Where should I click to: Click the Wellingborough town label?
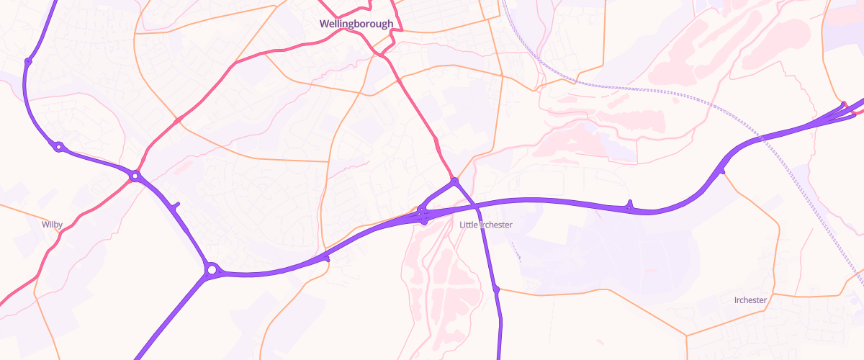point(357,24)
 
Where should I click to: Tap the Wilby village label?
point(52,225)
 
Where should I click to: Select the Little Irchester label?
point(486,225)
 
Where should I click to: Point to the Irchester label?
point(750,300)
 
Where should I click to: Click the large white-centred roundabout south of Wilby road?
point(211,270)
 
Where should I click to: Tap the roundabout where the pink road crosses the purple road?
point(135,176)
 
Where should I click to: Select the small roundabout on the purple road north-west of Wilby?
point(58,146)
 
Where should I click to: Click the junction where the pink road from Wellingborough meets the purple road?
point(454,181)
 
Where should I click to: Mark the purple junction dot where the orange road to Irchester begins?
point(496,289)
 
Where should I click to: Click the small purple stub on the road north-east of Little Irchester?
point(629,204)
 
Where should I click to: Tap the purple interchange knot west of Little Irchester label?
point(423,215)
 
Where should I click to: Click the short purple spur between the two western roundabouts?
point(176,207)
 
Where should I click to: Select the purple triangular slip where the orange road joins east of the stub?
point(720,171)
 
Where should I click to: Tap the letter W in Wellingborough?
point(325,24)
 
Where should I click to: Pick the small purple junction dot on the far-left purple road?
point(27,61)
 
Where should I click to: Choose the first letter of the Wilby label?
point(44,225)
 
